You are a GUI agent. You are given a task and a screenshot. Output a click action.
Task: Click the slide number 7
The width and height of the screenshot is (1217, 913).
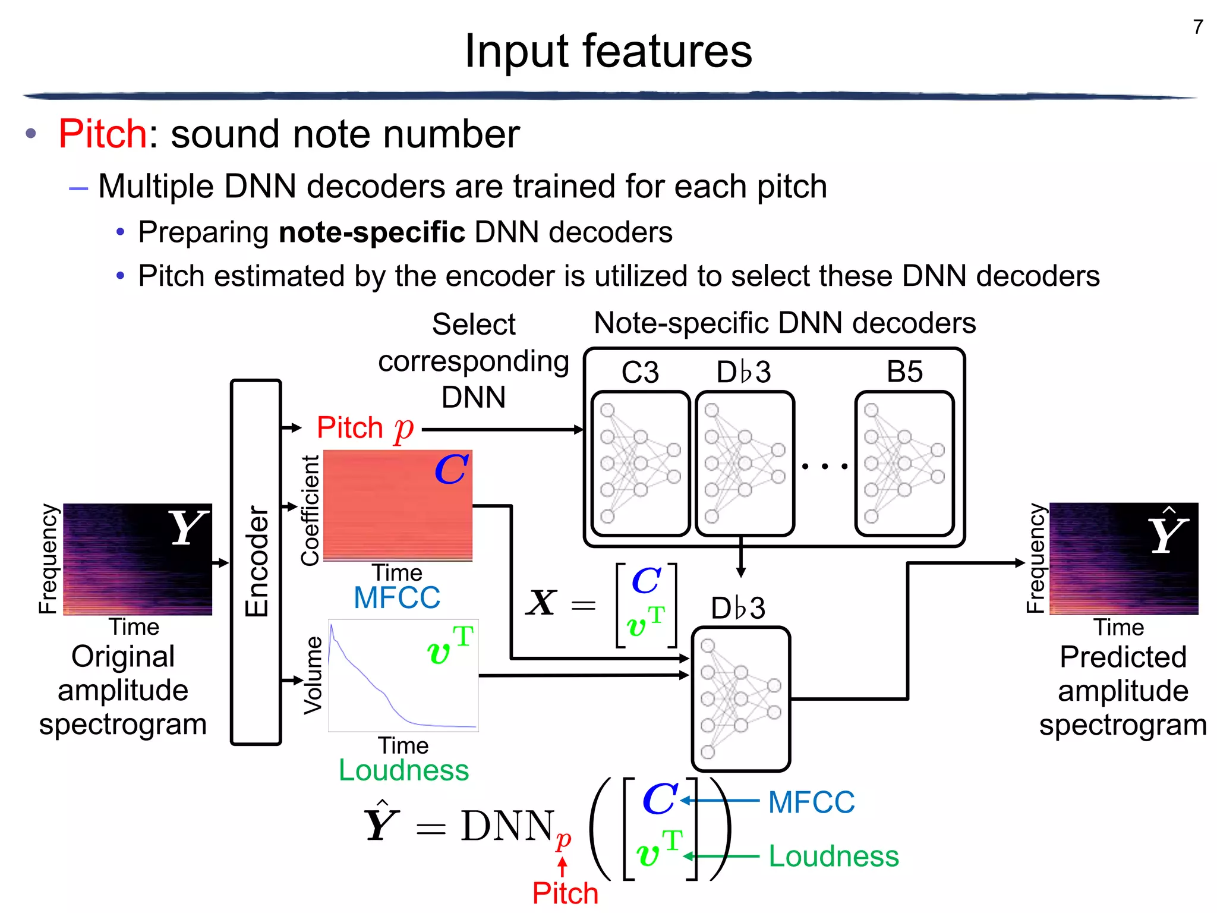click(1198, 27)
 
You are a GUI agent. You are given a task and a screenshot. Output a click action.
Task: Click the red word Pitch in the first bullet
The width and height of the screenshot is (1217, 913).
click(102, 134)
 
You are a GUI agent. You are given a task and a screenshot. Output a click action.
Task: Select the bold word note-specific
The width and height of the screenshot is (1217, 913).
click(371, 232)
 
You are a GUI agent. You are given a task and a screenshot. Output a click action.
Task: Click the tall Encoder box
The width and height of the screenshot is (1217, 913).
click(256, 562)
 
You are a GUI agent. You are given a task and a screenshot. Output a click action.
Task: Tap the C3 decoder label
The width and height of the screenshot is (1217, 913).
click(640, 373)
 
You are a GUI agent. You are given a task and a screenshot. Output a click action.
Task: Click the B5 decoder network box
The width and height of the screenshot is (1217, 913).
click(904, 464)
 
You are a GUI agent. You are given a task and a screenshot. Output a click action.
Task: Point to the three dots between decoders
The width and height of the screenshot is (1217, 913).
click(825, 467)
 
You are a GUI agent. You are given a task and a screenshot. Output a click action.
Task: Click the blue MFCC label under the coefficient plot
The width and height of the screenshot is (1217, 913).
click(397, 598)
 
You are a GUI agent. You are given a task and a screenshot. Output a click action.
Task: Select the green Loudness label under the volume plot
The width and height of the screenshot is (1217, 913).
click(403, 770)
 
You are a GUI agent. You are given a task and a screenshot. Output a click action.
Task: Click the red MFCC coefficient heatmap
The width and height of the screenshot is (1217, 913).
click(397, 505)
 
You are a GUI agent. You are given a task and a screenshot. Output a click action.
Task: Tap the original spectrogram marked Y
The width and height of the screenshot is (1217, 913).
click(137, 559)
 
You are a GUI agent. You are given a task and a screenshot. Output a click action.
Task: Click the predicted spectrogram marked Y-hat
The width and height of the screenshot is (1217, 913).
click(1124, 559)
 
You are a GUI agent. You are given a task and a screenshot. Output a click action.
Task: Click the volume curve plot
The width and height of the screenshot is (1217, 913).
click(403, 676)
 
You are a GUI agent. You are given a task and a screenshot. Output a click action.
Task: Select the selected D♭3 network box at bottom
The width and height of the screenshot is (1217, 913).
click(740, 698)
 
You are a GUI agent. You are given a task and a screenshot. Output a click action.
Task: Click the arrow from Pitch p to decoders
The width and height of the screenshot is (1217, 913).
click(502, 429)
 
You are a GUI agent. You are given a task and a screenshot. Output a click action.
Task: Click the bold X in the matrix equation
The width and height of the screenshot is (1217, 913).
click(541, 603)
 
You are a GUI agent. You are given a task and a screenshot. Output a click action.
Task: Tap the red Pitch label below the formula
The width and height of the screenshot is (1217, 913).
click(565, 893)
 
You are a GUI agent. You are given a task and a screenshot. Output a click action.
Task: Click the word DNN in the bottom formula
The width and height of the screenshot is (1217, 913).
click(507, 826)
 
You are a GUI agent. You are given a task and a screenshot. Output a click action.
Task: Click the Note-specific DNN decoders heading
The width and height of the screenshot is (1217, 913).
click(784, 323)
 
